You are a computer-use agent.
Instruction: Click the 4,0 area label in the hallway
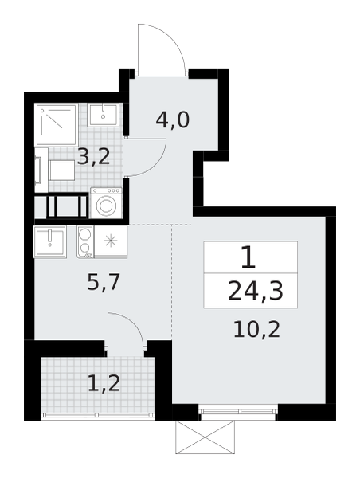click(x=172, y=121)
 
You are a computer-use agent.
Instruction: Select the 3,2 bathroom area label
click(x=94, y=155)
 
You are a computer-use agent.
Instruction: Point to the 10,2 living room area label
click(x=256, y=328)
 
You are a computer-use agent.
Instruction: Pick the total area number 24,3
click(x=250, y=292)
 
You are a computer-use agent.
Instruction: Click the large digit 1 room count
click(x=248, y=257)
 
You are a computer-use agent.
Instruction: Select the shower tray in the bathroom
click(x=56, y=123)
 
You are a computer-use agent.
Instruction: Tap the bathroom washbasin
click(x=105, y=115)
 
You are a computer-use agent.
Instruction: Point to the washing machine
click(x=106, y=204)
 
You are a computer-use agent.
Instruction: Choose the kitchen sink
click(x=49, y=241)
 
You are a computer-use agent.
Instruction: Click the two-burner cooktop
click(x=84, y=241)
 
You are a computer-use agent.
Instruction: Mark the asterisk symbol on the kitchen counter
click(x=111, y=241)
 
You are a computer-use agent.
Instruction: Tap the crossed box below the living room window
click(x=204, y=437)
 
